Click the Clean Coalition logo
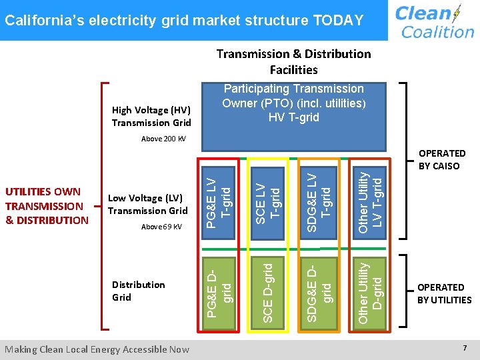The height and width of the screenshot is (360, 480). (x=434, y=21)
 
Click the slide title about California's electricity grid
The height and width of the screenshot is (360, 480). (x=184, y=20)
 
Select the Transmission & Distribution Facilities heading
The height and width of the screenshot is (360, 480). (x=293, y=61)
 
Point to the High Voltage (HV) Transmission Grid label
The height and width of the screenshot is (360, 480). (x=151, y=116)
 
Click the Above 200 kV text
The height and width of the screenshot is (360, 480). (x=164, y=139)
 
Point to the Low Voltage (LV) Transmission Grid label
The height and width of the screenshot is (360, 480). (x=147, y=204)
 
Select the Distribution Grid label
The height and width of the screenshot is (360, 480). (x=138, y=291)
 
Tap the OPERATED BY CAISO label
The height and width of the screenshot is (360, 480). (x=442, y=159)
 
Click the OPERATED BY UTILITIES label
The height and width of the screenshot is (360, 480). (x=444, y=293)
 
